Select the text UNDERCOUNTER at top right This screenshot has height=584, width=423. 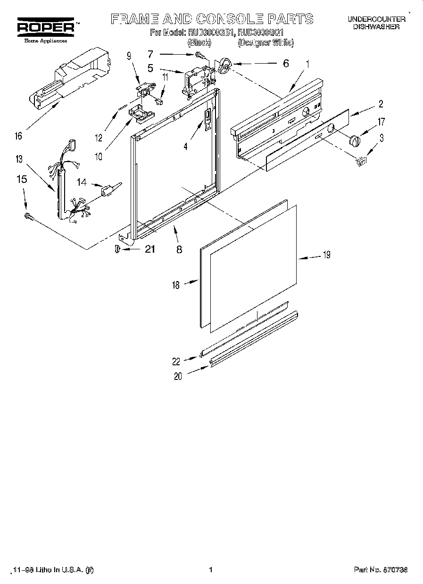pos(376,19)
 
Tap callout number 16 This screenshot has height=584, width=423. pos(18,136)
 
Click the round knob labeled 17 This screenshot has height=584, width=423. pos(354,140)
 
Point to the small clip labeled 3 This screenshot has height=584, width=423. pos(361,161)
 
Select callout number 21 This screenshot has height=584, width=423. pos(150,249)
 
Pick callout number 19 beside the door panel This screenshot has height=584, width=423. pos(326,255)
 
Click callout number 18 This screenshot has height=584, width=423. pos(176,285)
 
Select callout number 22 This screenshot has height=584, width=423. pos(176,362)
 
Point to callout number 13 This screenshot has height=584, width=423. pos(19,159)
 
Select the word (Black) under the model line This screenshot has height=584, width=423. pos(196,43)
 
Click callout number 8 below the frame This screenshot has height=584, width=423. pos(179,250)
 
